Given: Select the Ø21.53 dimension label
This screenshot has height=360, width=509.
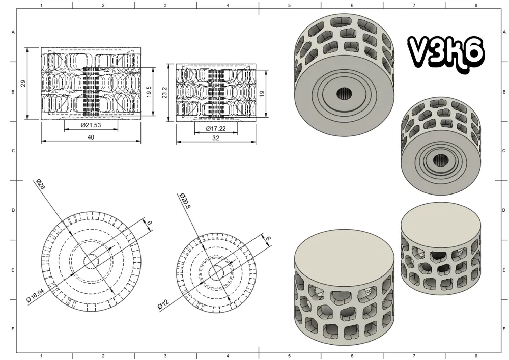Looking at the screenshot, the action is [91, 125].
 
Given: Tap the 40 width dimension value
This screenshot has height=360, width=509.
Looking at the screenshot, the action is [91, 137].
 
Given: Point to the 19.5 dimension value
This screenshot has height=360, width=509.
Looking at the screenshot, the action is [149, 92].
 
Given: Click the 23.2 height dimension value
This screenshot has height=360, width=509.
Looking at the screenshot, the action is [164, 93].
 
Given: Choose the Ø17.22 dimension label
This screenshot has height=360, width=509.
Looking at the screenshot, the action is [216, 129].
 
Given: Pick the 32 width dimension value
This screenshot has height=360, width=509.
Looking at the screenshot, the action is [216, 138].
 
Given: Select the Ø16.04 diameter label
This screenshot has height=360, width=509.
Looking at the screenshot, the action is [35, 295].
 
